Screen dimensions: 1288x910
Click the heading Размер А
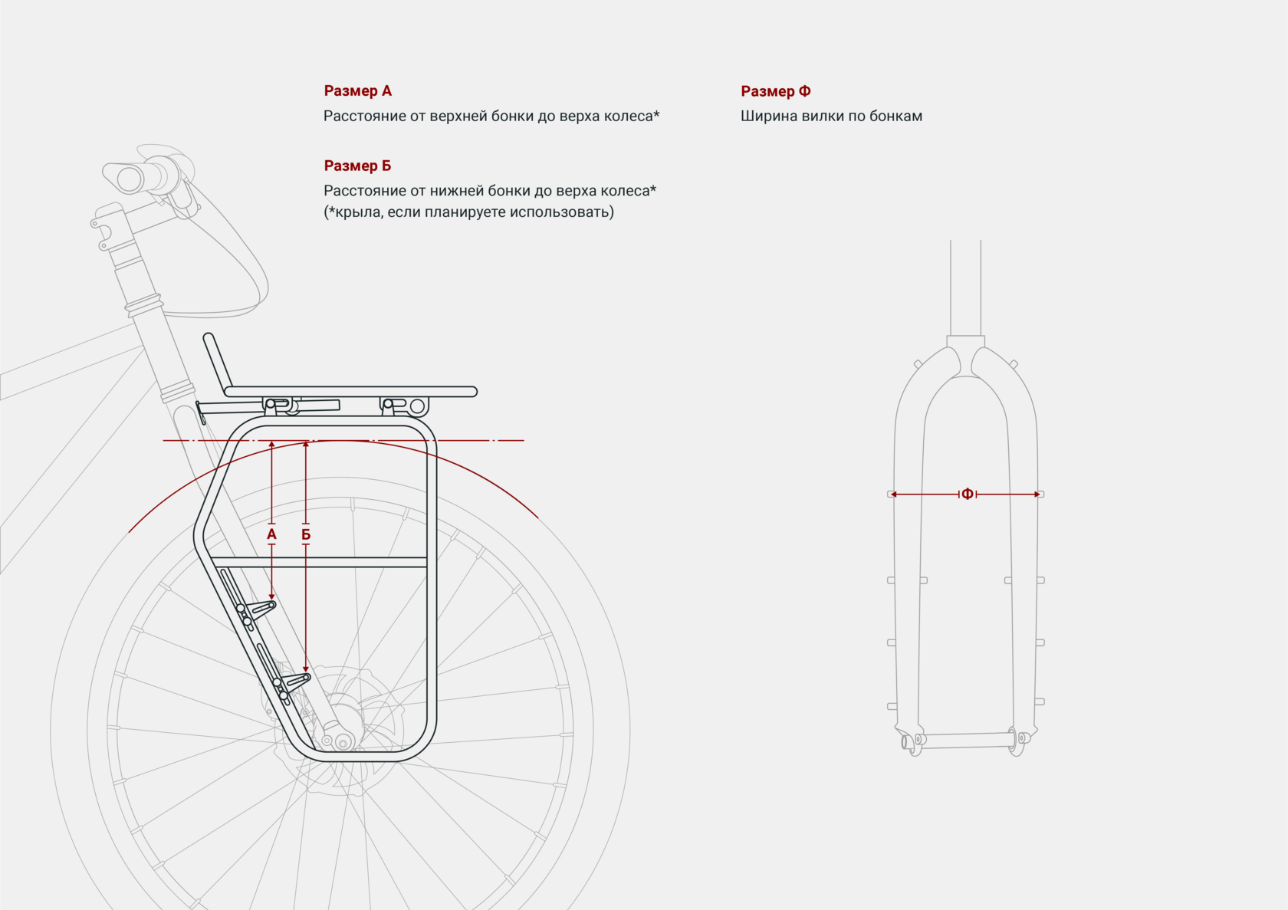357,91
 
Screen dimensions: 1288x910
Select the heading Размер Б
357,166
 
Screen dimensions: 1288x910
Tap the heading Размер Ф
775,91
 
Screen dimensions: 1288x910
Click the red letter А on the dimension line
271,534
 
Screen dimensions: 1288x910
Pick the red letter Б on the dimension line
306,534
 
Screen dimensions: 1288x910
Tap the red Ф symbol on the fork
968,494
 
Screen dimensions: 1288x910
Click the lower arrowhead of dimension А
271,596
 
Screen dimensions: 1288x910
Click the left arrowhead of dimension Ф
894,494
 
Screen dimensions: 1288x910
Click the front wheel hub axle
342,742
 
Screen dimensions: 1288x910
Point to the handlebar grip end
129,179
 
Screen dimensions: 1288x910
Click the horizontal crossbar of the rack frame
318,562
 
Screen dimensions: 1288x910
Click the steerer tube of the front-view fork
965,287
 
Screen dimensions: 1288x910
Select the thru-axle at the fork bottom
965,740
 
